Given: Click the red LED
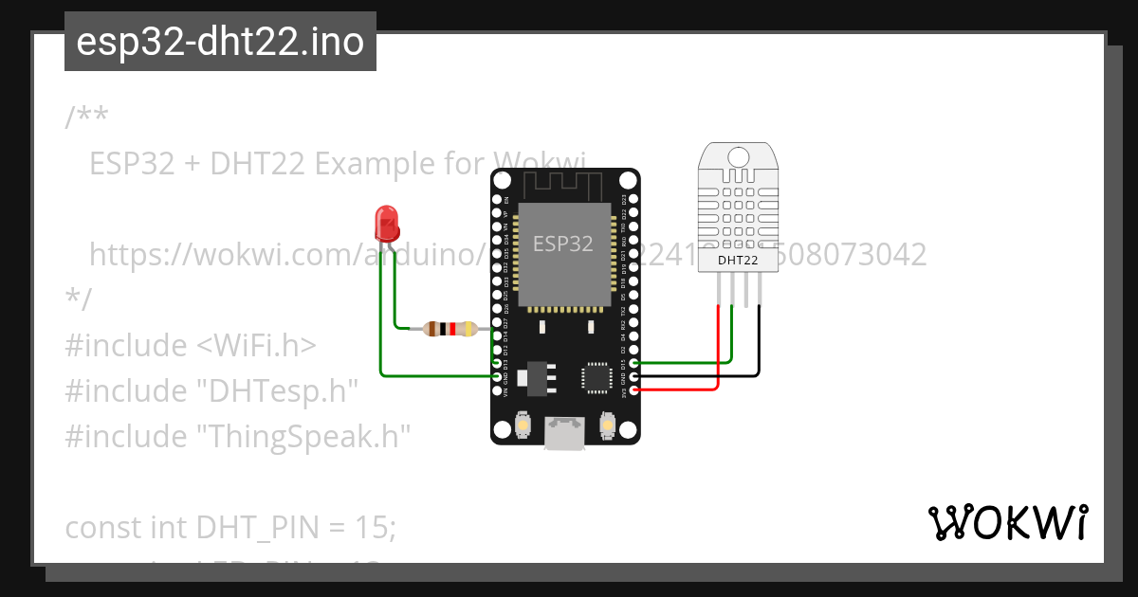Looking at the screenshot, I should pyautogui.click(x=387, y=224).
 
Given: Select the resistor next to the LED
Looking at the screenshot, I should pyautogui.click(x=450, y=329).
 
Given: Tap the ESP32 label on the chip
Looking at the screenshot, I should pyautogui.click(x=563, y=244).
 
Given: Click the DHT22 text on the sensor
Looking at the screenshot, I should pyautogui.click(x=737, y=259).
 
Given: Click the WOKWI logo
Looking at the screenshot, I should pyautogui.click(x=1007, y=522).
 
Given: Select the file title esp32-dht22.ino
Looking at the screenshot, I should pyautogui.click(x=220, y=42).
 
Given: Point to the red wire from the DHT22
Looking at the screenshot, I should pyautogui.click(x=718, y=351).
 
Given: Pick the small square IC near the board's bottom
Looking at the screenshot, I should pyautogui.click(x=597, y=376).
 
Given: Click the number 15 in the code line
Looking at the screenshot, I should pyautogui.click(x=373, y=526).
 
